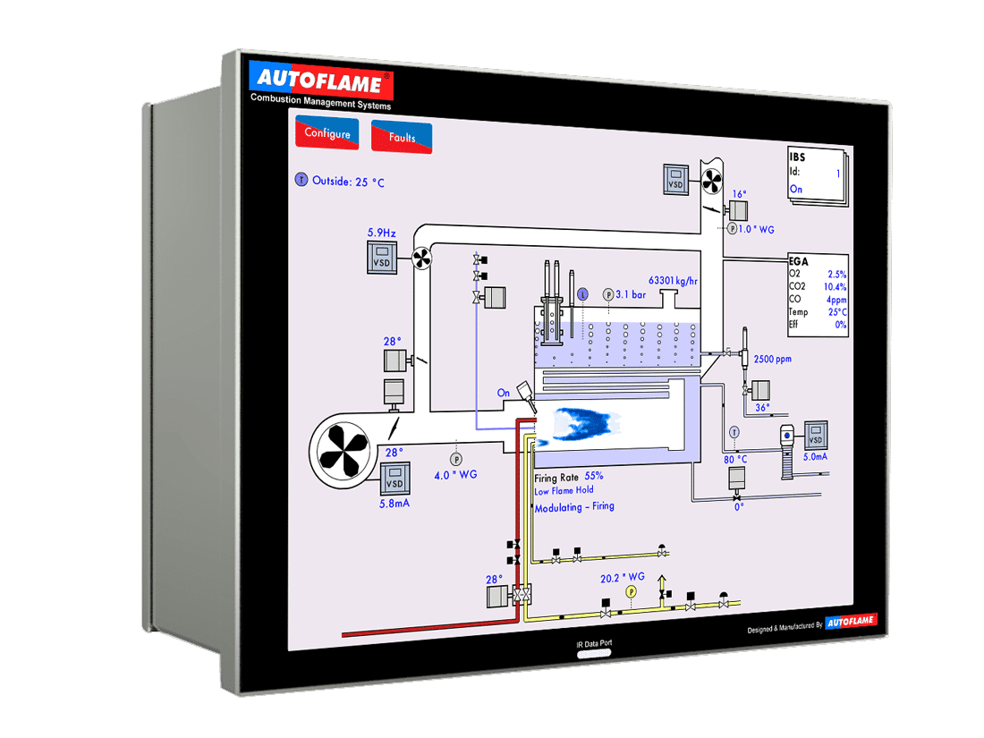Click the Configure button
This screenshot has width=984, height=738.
pos(327,134)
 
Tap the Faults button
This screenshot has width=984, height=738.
pos(402,138)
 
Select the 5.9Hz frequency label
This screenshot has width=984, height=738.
pos(382,233)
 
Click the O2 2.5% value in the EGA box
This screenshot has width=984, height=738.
pos(836,274)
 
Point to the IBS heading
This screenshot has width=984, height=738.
pos(798,157)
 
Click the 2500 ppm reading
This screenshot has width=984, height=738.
pos(772,359)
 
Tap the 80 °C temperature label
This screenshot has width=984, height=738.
pos(735,460)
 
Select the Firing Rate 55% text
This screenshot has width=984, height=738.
pos(569,477)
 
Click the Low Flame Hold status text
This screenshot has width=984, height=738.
pos(564,490)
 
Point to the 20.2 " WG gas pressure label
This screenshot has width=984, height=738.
pos(623,578)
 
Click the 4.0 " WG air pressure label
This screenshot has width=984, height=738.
pos(455,474)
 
